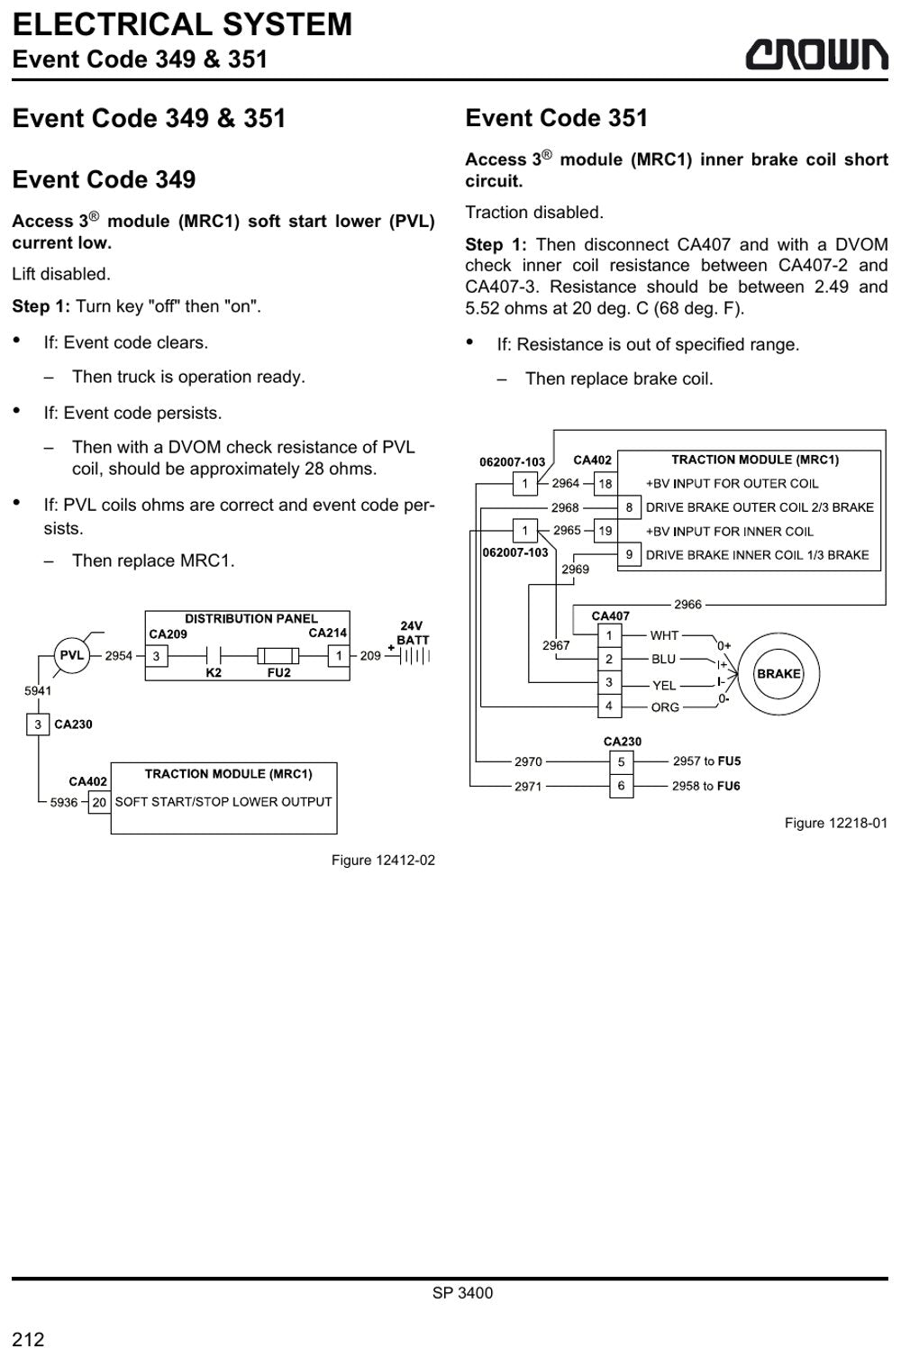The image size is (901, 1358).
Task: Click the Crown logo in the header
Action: [816, 54]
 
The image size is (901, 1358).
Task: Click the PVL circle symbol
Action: [71, 655]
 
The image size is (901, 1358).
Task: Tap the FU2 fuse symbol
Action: [278, 656]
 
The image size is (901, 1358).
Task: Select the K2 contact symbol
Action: [214, 656]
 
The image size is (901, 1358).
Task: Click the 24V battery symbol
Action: [414, 655]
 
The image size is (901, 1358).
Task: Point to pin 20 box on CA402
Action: [99, 802]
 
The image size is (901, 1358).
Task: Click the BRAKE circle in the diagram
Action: [778, 673]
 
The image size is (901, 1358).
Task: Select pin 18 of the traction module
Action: [605, 483]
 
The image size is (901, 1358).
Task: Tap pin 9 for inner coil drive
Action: [629, 554]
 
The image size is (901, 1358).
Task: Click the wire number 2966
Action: [687, 604]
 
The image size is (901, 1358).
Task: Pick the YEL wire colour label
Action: [664, 685]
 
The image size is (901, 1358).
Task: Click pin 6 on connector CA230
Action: [621, 786]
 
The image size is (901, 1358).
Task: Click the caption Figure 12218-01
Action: [836, 823]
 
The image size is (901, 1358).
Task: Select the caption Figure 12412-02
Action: [383, 860]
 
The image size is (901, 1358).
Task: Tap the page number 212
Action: [28, 1339]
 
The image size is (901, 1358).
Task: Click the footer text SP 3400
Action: [462, 1293]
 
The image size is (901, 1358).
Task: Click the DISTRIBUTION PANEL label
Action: [251, 618]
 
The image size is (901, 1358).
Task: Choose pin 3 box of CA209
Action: [157, 656]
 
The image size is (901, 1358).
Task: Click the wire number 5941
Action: [38, 690]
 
